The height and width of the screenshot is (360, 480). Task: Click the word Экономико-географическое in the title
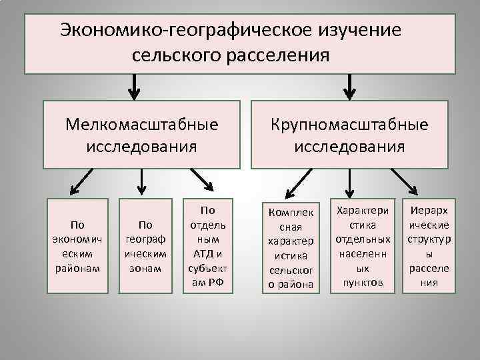pos(180,31)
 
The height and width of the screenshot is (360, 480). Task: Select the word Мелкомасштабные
pos(142,124)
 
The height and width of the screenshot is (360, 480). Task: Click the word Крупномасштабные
pos(349,124)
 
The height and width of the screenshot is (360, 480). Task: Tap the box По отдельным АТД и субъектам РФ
pos(207,245)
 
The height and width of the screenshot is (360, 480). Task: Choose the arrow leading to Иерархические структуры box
pos(405,181)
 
